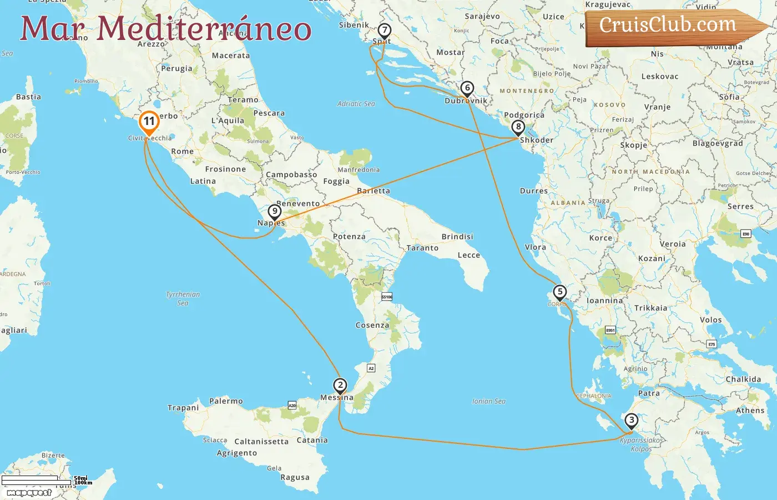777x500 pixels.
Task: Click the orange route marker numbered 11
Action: (149, 122)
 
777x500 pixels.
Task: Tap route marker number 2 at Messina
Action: (340, 385)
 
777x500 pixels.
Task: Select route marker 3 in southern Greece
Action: (631, 420)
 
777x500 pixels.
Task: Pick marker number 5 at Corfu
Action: (559, 292)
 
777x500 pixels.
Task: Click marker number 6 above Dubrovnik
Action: (467, 88)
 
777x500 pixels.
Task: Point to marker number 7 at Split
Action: (384, 30)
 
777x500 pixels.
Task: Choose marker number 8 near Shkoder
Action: (518, 127)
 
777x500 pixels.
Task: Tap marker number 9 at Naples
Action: (274, 211)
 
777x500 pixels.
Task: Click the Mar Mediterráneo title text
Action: (165, 28)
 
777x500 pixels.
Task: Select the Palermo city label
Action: (226, 401)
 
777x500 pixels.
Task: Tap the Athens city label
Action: (750, 411)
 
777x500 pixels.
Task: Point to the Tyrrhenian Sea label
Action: (183, 298)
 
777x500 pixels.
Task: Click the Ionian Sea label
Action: (488, 401)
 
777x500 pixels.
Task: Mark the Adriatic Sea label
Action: (356, 104)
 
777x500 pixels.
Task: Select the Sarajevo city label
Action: (482, 17)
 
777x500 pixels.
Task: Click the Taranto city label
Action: (422, 248)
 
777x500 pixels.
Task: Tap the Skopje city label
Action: (633, 145)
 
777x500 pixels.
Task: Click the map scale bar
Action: (37, 479)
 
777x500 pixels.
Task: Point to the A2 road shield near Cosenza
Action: (371, 368)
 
